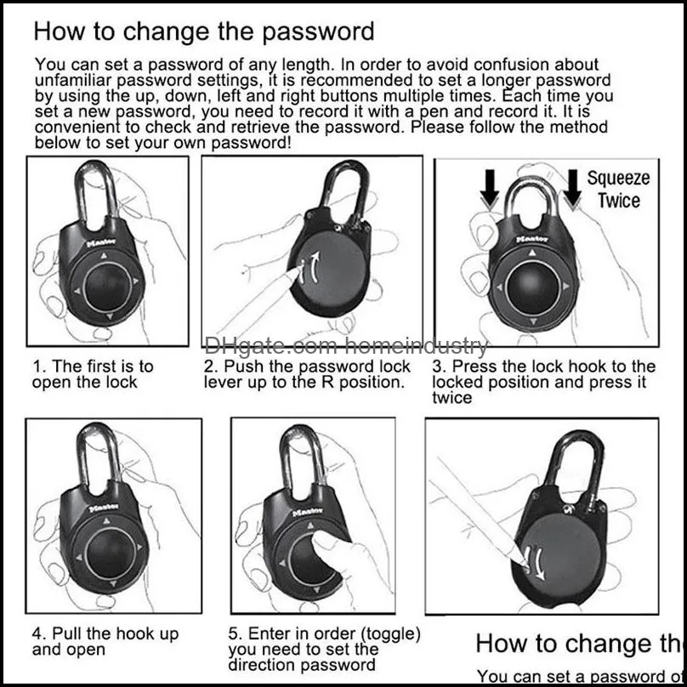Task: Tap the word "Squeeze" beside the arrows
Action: (x=618, y=179)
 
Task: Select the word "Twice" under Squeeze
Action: (x=618, y=202)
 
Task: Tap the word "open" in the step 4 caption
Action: (x=87, y=650)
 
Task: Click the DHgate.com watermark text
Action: (x=347, y=346)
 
